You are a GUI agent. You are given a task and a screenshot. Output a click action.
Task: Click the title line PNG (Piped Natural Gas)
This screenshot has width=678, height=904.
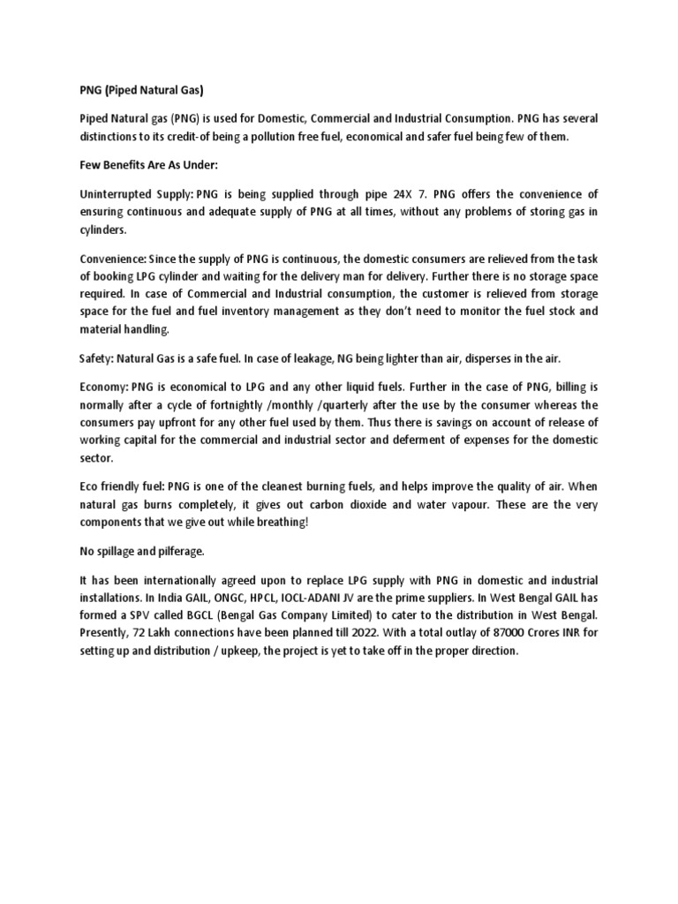(x=141, y=89)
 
